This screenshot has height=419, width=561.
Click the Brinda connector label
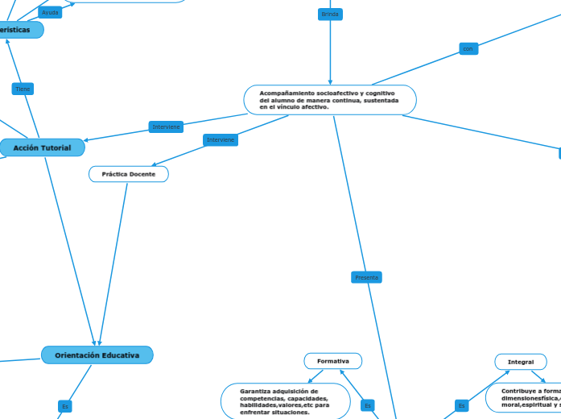330,15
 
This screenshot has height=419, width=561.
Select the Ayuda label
50,13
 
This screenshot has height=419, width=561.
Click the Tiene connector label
23,89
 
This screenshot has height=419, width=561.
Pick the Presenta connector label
366,277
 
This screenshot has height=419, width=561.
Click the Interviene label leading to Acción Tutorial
167,127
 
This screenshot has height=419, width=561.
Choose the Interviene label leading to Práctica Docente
221,140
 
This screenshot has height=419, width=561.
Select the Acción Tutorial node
42,147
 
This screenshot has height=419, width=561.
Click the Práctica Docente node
129,174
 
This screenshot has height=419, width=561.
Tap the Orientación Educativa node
97,355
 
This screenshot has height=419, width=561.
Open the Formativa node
333,361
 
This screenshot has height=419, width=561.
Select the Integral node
521,362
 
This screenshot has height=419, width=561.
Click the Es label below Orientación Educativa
65,405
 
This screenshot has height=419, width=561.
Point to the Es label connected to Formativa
368,405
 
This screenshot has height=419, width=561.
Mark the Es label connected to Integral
461,405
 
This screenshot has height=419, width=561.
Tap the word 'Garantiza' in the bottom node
255,392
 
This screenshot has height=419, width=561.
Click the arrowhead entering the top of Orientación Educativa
97,343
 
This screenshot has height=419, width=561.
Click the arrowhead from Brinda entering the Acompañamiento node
330,81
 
